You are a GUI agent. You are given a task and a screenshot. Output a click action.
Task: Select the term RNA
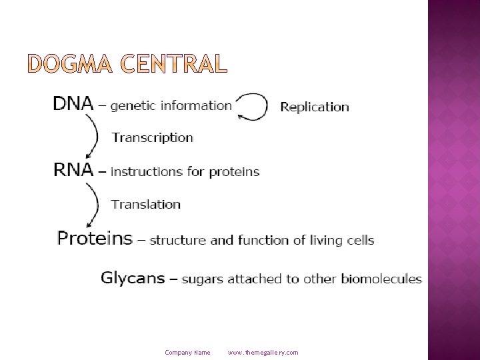73,170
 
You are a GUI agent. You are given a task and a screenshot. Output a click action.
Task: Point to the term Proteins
95,239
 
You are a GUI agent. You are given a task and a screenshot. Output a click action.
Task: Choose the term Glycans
133,278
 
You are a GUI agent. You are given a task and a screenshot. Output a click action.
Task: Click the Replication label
315,107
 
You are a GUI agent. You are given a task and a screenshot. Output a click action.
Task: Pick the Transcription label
152,138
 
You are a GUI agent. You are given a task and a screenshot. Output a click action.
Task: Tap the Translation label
146,204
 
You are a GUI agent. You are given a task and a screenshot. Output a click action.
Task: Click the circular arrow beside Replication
252,107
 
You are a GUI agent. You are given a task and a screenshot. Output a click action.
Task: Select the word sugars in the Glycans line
203,279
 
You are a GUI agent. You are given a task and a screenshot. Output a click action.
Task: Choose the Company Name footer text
187,352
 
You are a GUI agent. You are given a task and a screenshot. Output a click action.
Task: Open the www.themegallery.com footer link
263,352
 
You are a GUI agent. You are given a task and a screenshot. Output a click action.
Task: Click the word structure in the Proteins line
175,240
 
